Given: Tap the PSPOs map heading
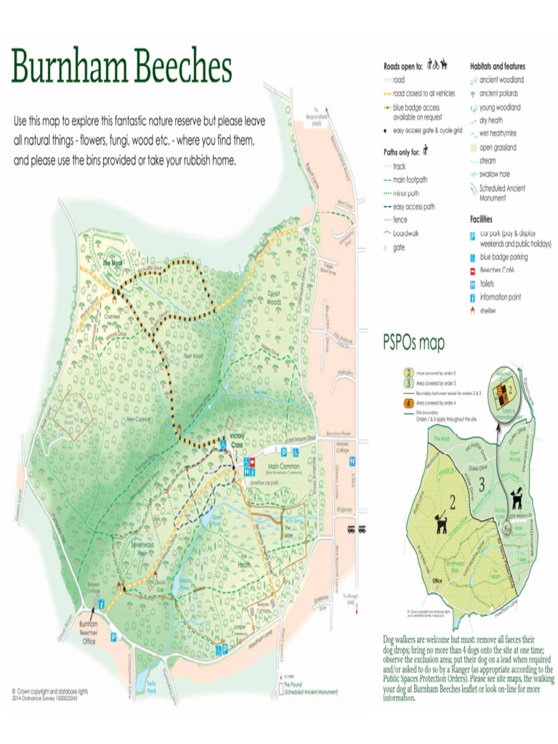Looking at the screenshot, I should tap(413, 342).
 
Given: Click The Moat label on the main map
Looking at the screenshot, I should tap(113, 263).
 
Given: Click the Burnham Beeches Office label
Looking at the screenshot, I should tap(89, 632).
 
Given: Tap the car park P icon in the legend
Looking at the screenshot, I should tap(472, 235).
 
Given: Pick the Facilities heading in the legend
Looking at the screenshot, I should tap(481, 219).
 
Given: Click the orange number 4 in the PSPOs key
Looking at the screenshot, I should tap(408, 403).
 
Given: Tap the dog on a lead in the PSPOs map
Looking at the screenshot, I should tap(442, 523).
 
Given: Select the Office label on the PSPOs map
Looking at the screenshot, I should tap(437, 581).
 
